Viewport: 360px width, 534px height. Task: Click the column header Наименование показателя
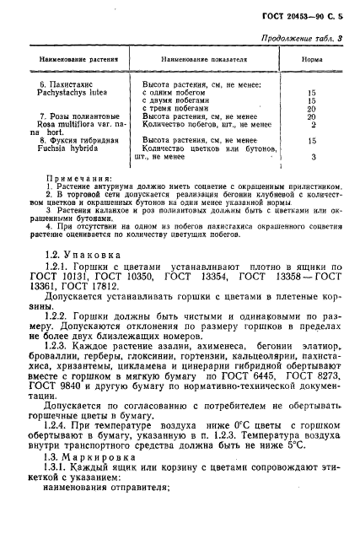(202, 61)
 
